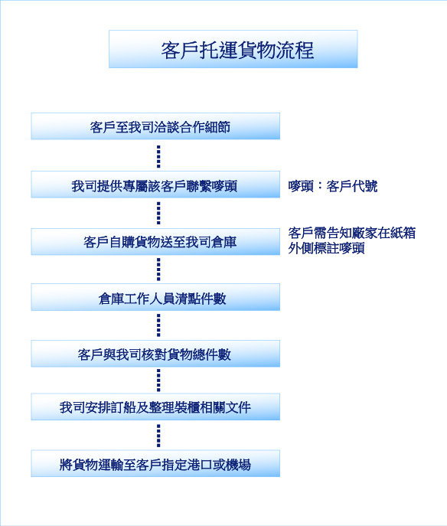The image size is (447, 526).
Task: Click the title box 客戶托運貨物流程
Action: coord(233,49)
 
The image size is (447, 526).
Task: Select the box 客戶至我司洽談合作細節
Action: coord(155,126)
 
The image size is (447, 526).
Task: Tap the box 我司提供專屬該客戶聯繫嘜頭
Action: coord(155,185)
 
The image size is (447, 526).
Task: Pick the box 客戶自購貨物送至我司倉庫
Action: coord(155,241)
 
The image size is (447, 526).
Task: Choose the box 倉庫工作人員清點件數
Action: coord(155,297)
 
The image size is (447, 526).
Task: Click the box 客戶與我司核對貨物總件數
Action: coord(155,354)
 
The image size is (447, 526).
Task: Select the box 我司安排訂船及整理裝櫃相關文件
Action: coord(155,407)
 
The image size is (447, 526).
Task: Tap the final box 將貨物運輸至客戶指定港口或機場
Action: coord(155,464)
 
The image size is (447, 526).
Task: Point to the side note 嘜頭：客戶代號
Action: coord(333,186)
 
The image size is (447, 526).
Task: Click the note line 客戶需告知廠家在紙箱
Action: coord(352,233)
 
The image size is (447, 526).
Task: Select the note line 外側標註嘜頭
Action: coord(326,248)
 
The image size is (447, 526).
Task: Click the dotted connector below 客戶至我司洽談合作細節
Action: coord(158,156)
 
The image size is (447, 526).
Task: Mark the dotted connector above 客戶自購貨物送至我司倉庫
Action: coord(158,213)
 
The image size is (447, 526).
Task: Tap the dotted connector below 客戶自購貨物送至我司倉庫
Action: coord(158,270)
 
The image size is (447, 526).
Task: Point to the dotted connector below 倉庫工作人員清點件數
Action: coord(158,325)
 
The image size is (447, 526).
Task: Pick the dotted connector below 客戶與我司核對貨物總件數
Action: coord(158,381)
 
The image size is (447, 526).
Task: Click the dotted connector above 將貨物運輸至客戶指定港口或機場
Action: coord(158,436)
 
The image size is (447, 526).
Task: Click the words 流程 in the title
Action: coord(295,51)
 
